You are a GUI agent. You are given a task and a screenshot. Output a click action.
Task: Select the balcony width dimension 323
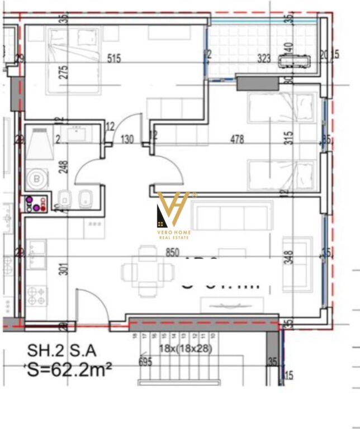point(264,58)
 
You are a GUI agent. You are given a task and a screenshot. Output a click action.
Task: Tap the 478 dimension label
point(237,140)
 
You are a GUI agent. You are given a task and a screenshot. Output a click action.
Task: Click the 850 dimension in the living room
point(172,252)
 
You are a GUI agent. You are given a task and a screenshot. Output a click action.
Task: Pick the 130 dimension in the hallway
point(127,140)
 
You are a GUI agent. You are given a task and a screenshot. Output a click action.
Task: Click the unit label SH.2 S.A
point(62,351)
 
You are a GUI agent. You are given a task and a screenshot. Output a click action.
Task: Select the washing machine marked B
point(37,179)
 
